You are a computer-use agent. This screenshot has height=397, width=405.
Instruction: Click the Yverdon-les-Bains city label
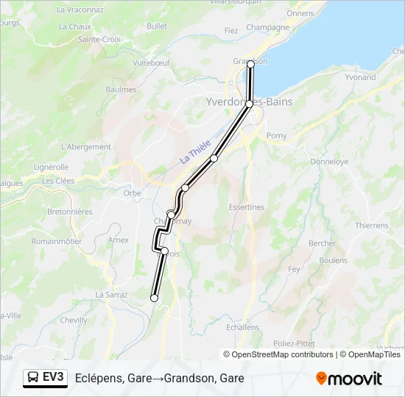[249, 101]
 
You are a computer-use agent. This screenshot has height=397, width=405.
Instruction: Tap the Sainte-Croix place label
[99, 39]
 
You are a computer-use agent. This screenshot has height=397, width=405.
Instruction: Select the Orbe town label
[132, 193]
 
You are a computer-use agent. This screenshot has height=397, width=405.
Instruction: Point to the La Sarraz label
[111, 294]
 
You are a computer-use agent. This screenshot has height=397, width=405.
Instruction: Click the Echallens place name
[243, 327]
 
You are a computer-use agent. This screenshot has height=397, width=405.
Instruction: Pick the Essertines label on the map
[246, 207]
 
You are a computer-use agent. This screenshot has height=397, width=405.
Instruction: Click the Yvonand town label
[359, 77]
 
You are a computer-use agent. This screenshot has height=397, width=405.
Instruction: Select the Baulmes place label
[121, 90]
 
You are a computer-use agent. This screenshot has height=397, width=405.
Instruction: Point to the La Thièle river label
[196, 151]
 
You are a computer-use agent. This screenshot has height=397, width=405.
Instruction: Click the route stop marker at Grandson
[250, 65]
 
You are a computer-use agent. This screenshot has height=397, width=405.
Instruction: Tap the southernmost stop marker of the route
[154, 298]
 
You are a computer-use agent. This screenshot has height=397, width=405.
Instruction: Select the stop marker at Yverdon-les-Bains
[249, 104]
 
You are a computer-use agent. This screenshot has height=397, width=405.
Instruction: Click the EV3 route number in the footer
[54, 378]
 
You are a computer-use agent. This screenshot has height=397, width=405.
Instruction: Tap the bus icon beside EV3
[34, 378]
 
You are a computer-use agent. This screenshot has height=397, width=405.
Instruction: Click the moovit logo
[349, 379]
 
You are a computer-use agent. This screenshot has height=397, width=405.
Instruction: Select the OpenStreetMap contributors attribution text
[280, 354]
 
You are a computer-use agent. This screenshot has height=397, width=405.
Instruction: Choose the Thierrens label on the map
[372, 226]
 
